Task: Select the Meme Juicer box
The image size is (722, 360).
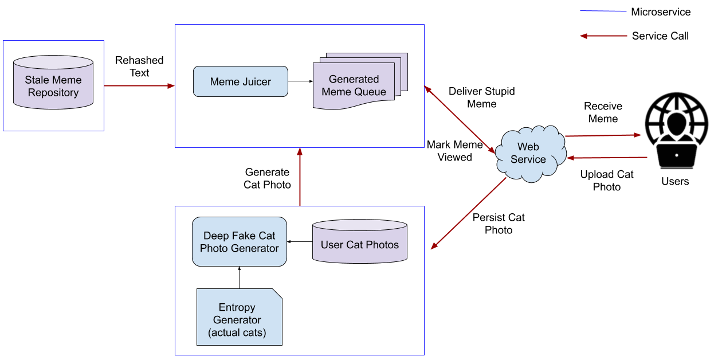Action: click(x=240, y=81)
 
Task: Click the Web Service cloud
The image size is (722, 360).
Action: click(x=529, y=153)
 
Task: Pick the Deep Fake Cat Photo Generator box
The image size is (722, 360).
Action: click(x=239, y=241)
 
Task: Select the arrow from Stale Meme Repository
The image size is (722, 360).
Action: click(x=139, y=86)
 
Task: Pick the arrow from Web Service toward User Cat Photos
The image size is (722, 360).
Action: click(x=469, y=213)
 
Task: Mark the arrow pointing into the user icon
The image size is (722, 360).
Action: click(x=602, y=136)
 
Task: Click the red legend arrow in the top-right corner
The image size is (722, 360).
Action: click(x=603, y=36)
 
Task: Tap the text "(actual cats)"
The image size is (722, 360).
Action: click(x=237, y=332)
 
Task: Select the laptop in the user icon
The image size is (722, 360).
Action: click(x=677, y=156)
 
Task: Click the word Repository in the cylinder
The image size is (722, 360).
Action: click(x=53, y=93)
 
